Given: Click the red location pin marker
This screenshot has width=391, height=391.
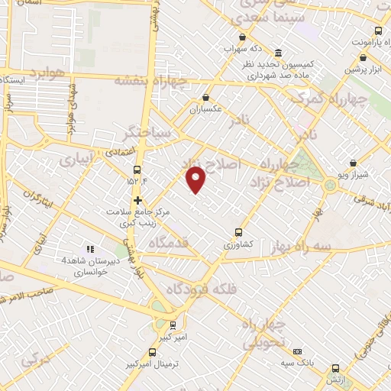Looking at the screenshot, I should (x=197, y=179).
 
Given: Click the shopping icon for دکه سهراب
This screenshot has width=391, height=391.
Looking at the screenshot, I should (x=243, y=36).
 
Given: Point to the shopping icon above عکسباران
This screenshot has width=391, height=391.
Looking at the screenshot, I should (x=207, y=97).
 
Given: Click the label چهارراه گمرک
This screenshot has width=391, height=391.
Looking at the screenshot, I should (x=336, y=98).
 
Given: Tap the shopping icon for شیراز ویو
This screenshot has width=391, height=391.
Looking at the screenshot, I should (x=353, y=163).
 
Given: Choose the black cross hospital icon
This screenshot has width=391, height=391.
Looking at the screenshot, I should (x=137, y=201).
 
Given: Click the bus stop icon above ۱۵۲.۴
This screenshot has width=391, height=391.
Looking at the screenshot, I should (x=137, y=170).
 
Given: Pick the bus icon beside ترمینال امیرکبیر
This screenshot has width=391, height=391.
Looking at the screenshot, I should (x=153, y=353).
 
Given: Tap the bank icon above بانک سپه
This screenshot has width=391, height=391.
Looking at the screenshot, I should (x=297, y=351).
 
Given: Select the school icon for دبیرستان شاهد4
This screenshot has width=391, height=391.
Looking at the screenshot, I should (x=90, y=248).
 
